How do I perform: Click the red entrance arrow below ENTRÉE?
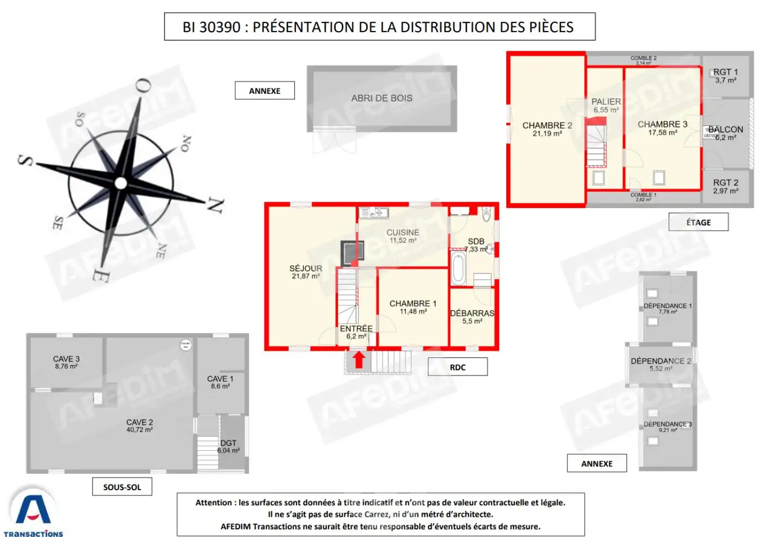pyautogui.click(x=359, y=360)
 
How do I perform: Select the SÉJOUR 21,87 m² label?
pyautogui.click(x=306, y=272)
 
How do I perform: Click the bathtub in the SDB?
pyautogui.click(x=458, y=268)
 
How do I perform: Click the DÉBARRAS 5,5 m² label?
pyautogui.click(x=472, y=317)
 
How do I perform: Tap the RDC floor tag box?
pyautogui.click(x=457, y=367)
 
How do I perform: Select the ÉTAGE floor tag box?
pyautogui.click(x=698, y=222)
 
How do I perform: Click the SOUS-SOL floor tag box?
pyautogui.click(x=122, y=487)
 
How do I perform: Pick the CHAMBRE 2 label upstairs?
pyautogui.click(x=547, y=129)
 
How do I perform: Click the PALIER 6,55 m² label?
pyautogui.click(x=606, y=105)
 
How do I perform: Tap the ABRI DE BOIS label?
pyautogui.click(x=381, y=98)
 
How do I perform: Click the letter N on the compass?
pyautogui.click(x=216, y=205)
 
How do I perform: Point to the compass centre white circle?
pyautogui.click(x=121, y=183)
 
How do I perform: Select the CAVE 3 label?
pyautogui.click(x=66, y=362)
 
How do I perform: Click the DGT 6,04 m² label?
pyautogui.click(x=228, y=446)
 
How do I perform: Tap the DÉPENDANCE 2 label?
pyautogui.click(x=661, y=364)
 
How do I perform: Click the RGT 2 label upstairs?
pyautogui.click(x=725, y=186)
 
